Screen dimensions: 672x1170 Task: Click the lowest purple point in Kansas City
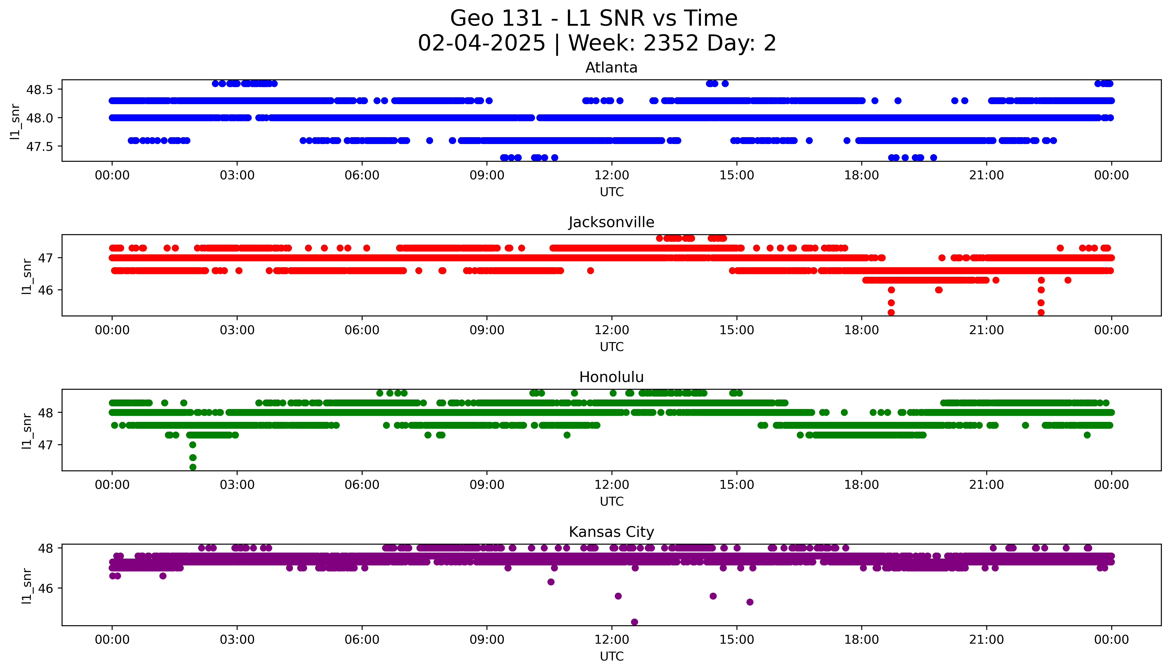tap(635, 622)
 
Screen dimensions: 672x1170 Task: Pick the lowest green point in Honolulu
tap(193, 467)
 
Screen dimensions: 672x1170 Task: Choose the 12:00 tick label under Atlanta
tap(611, 175)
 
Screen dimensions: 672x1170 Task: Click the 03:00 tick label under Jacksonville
tap(237, 330)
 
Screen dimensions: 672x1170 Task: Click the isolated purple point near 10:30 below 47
tap(551, 582)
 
